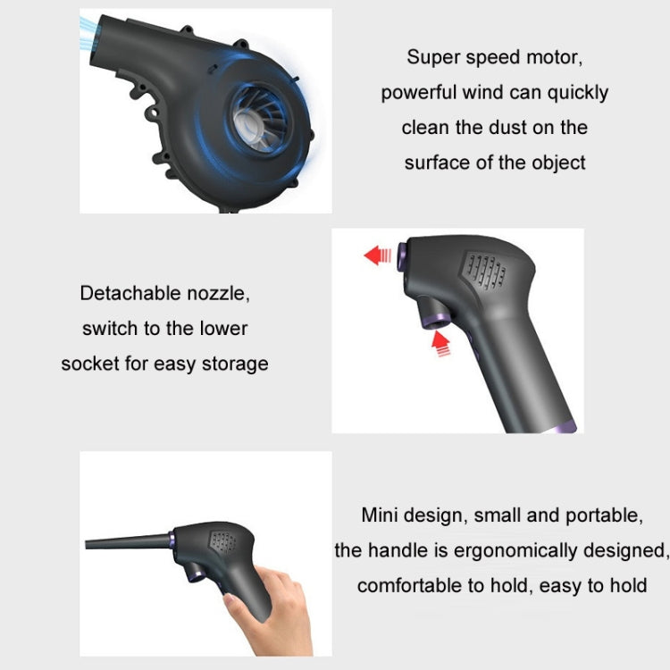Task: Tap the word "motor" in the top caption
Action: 552,57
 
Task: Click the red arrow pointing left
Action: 378,256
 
